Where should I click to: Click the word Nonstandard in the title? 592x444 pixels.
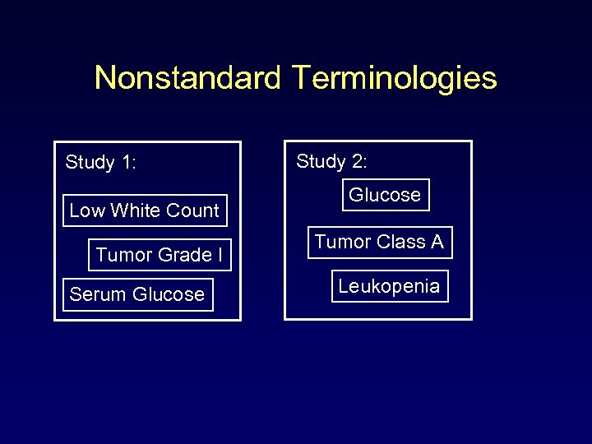[x=188, y=78]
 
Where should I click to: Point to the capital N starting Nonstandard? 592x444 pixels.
[x=104, y=78]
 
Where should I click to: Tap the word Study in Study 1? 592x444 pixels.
[x=90, y=163]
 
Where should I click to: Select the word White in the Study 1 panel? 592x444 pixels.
[x=136, y=210]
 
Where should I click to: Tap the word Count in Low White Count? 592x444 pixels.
[x=193, y=210]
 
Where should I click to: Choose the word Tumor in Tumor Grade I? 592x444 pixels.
[x=120, y=256]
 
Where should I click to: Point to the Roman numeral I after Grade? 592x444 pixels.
[x=220, y=256]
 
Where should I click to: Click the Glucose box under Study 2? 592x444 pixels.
[x=385, y=195]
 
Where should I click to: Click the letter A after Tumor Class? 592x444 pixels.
[x=436, y=243]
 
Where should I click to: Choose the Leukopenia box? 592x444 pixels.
[x=390, y=286]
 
